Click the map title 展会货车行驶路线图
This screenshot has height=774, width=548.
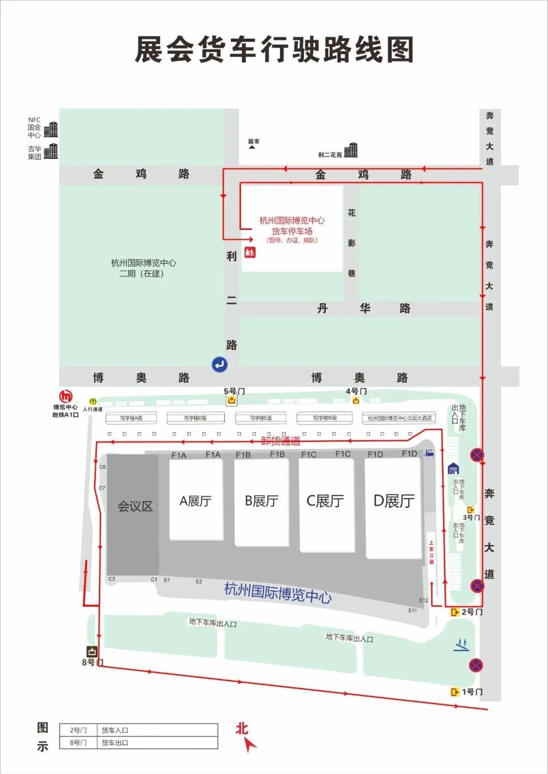point(274,50)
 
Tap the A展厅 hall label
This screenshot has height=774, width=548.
point(195,501)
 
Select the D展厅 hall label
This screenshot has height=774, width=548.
point(394,501)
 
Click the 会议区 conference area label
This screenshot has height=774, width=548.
point(135,506)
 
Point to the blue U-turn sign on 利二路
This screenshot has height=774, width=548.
point(220,364)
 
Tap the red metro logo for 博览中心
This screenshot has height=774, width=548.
point(65,397)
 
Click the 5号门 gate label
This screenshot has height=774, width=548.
point(234,391)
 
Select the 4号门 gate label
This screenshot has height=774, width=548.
point(356,391)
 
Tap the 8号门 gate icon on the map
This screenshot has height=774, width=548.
point(92,652)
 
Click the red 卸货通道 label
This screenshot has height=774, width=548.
point(281,441)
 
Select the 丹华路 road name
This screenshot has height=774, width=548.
point(364,308)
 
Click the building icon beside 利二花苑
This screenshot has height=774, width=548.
point(351,151)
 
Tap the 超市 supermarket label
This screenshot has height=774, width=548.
point(253,142)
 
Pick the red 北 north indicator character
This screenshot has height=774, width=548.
point(242,729)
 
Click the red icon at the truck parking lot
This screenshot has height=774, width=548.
point(250,252)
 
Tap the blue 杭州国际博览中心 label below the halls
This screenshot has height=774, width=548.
point(278,592)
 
